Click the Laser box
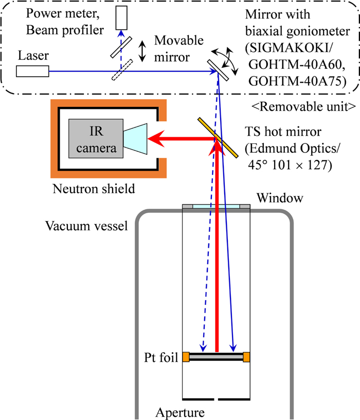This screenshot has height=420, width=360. point(32,71)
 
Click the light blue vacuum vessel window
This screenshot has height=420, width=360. point(217,207)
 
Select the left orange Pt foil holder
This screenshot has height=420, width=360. point(186,356)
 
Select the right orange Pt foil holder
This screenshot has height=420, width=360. point(247,356)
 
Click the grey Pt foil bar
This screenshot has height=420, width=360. point(216,355)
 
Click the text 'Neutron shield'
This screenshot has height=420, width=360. point(94,189)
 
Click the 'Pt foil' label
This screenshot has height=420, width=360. point(161,356)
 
